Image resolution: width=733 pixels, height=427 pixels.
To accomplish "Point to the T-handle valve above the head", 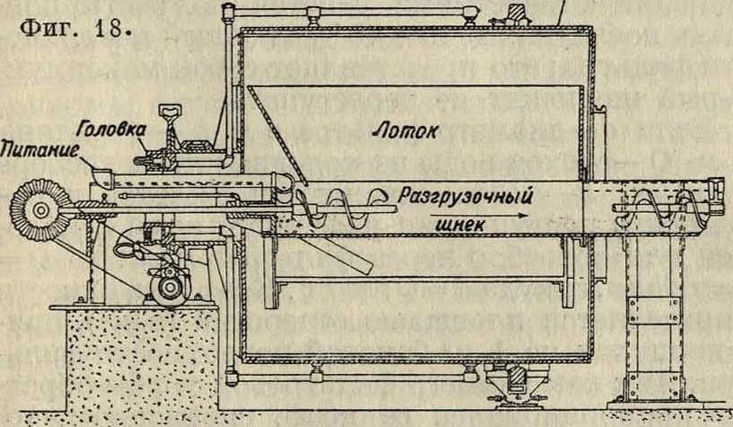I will [x=169, y=111].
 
